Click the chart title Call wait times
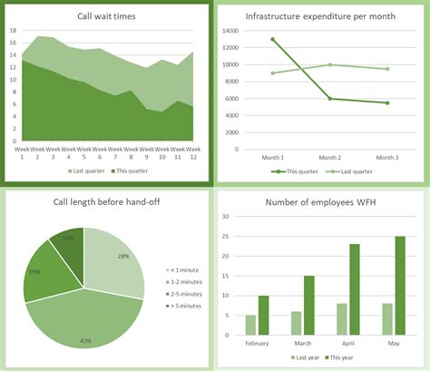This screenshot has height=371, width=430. coord(108,17)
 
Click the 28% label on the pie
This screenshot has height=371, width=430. coord(122,257)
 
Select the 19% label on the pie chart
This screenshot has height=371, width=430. coord(34,271)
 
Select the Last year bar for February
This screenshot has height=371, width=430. coord(251,324)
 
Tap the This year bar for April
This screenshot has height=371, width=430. coord(355,288)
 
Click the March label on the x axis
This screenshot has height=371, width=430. coord(302,343)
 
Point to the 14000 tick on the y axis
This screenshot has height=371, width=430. coord(228,30)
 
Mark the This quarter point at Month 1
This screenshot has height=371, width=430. coord(273,40)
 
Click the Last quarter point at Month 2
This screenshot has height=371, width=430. coord(330,64)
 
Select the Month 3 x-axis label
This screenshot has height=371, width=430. coord(386,157)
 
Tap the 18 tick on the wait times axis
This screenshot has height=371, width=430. coord(13,30)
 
